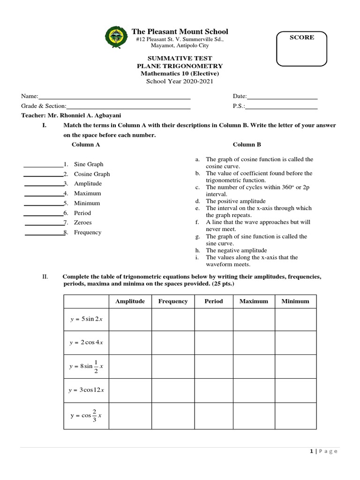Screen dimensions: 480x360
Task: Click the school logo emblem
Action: click(115, 38)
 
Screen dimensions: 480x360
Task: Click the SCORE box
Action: click(302, 48)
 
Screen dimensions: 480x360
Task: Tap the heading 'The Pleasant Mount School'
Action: click(180, 31)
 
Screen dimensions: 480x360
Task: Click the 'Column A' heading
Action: click(86, 144)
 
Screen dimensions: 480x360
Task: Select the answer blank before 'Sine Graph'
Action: click(43, 165)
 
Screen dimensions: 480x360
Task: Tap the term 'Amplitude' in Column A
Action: click(88, 184)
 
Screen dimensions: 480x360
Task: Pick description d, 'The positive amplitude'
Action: click(236, 201)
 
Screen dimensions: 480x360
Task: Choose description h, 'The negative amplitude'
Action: click(236, 250)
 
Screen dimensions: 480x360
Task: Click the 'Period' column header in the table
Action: click(214, 301)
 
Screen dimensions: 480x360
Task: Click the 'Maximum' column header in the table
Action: click(254, 301)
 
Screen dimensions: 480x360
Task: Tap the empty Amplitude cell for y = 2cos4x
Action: click(130, 343)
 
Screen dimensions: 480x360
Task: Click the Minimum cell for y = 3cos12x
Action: click(295, 390)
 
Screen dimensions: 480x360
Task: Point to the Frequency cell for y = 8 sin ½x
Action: click(173, 366)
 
